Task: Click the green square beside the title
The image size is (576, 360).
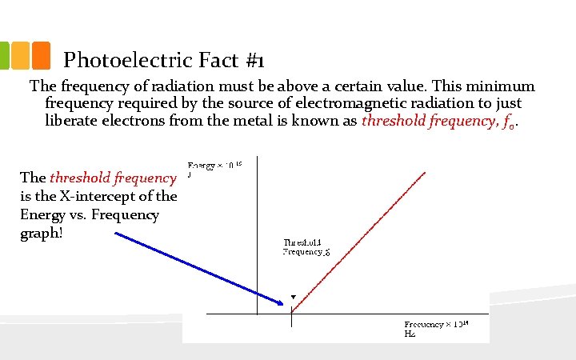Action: click(x=5, y=54)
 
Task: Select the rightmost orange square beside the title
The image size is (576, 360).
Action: click(x=42, y=54)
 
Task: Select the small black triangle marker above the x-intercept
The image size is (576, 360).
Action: click(x=293, y=297)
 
